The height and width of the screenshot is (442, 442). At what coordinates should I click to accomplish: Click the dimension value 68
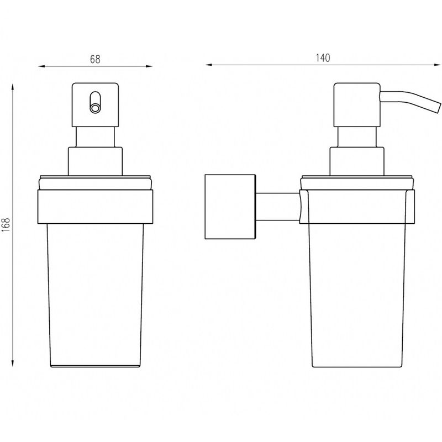tap(95, 59)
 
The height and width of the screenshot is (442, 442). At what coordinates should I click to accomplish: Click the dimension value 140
tap(323, 58)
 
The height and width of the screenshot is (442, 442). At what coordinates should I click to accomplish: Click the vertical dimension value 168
tap(6, 225)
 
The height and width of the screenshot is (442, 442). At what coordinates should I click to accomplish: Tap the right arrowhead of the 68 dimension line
tap(149, 66)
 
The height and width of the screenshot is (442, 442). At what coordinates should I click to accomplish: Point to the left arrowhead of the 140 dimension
tap(209, 65)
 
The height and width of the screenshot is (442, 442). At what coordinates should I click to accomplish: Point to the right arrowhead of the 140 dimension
tap(438, 65)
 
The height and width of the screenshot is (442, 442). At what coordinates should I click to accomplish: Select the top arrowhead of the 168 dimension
tap(12, 87)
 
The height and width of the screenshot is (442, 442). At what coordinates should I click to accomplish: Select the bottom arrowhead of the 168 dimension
tap(12, 363)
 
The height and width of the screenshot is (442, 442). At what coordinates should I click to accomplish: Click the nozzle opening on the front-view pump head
tap(95, 108)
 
